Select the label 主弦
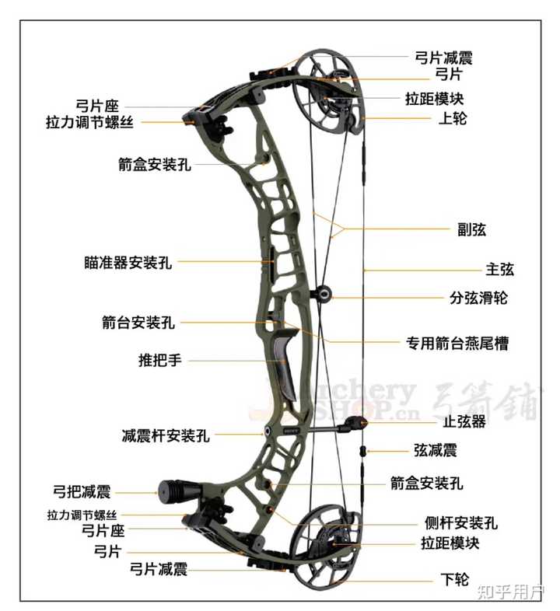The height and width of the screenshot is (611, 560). (499, 270)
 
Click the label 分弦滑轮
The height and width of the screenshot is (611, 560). (478, 297)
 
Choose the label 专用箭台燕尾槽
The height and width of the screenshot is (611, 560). (458, 342)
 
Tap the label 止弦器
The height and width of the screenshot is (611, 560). (464, 422)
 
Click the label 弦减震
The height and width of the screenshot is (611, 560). (436, 450)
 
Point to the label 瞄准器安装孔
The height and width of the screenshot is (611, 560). (128, 263)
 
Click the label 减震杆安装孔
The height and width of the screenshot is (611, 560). (165, 435)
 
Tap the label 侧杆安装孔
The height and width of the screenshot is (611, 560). (461, 523)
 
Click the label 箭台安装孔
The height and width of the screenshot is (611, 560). (138, 321)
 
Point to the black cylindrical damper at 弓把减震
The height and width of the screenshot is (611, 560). (172, 491)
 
